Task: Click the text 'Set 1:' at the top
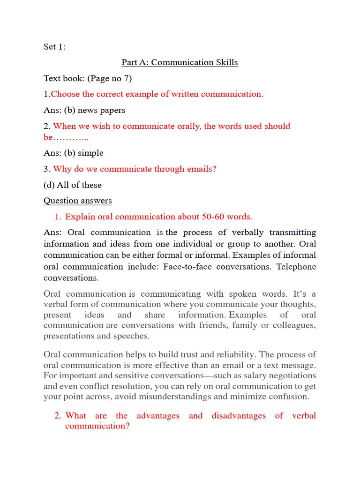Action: click(x=54, y=47)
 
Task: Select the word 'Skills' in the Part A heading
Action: click(x=226, y=62)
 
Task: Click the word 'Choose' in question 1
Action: click(x=65, y=94)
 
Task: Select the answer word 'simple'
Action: click(x=90, y=153)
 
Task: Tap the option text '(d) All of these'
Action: click(x=73, y=185)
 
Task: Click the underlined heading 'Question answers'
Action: click(x=78, y=201)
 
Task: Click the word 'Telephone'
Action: click(x=296, y=267)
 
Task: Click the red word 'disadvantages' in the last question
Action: click(x=239, y=416)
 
